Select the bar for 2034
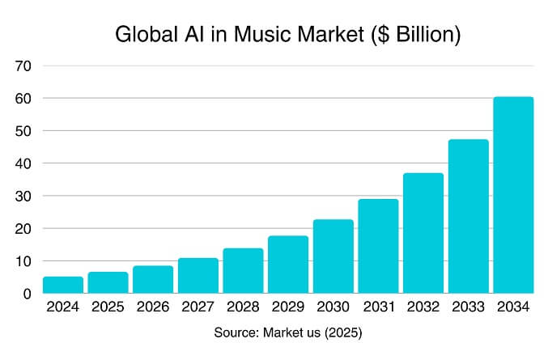tap(513, 195)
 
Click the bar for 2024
tap(62, 285)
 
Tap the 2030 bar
tap(333, 256)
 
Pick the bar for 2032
tap(423, 233)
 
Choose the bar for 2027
tap(198, 276)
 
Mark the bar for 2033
tap(468, 216)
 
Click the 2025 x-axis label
tap(108, 308)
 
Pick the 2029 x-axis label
tap(288, 308)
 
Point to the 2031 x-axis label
tap(378, 308)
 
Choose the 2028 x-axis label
tap(243, 308)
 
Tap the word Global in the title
tap(142, 36)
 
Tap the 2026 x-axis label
tap(153, 308)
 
